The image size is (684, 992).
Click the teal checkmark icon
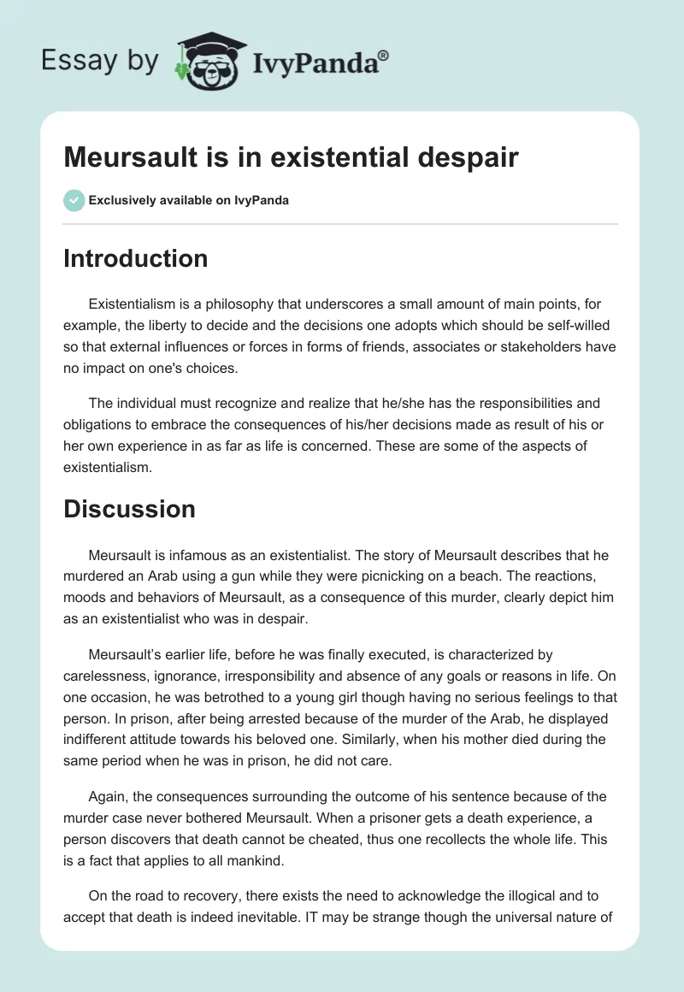(x=74, y=200)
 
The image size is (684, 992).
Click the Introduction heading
(x=135, y=258)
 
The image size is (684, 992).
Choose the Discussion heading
(x=129, y=509)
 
